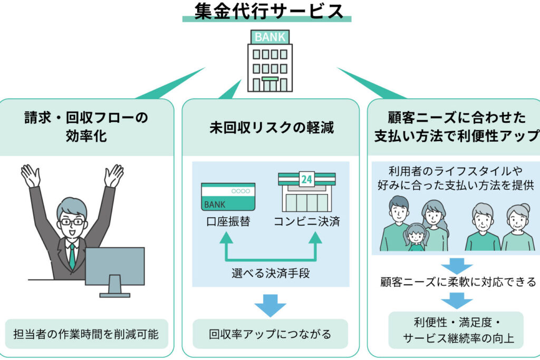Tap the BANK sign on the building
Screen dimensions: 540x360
(270, 37)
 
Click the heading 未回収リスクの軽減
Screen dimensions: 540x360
(272, 128)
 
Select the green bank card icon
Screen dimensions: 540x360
(228, 197)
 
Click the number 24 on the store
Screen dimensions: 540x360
(306, 179)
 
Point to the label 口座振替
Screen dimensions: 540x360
(228, 221)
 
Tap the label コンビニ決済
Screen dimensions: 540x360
(307, 221)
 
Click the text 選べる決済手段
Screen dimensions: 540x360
(271, 273)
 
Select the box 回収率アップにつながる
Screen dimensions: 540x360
(271, 334)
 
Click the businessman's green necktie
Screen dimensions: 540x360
(72, 256)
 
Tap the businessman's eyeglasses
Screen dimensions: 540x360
(72, 222)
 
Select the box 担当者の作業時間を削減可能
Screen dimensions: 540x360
(86, 334)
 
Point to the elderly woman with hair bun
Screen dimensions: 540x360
(518, 227)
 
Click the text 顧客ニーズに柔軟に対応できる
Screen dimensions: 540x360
(458, 282)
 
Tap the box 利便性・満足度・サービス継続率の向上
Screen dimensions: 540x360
(456, 330)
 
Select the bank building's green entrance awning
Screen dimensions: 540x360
(269, 79)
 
